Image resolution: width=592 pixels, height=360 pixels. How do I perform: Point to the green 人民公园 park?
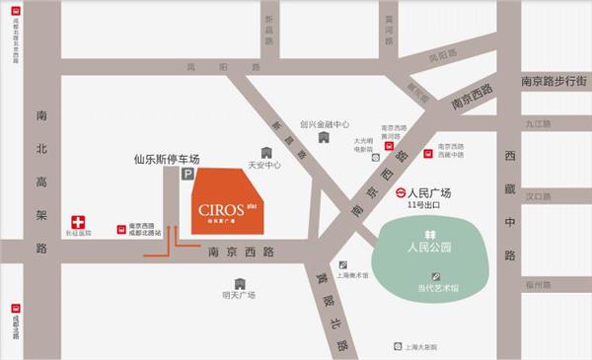(x=435, y=248)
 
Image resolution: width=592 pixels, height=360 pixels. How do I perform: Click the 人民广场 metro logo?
(x=402, y=193)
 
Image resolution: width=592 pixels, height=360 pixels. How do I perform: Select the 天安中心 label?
(x=264, y=165)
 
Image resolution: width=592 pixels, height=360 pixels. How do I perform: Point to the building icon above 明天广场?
(x=228, y=282)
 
